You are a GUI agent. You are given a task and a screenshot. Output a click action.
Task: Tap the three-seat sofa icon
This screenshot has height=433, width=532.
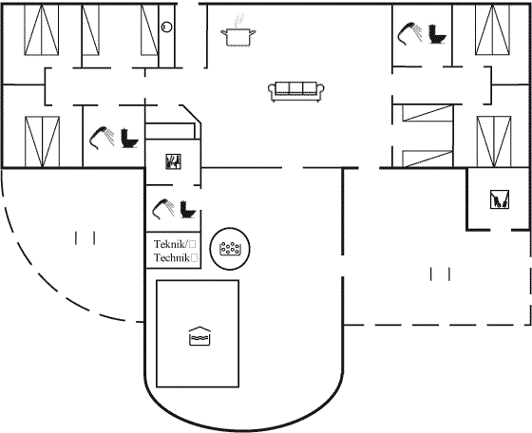296,91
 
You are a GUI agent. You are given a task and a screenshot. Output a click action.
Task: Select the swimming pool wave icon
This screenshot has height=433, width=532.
199,336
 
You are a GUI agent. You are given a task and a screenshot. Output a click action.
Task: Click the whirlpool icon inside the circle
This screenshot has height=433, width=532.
230,249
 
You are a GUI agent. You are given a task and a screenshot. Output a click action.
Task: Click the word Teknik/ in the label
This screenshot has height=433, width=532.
170,244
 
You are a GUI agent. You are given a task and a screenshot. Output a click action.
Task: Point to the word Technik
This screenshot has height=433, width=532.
172,257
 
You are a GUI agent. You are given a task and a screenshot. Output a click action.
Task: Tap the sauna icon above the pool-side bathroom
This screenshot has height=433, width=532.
173,161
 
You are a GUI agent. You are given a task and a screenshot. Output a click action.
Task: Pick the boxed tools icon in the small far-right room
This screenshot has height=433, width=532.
500,199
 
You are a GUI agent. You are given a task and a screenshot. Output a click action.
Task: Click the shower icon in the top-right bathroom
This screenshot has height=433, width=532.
409,33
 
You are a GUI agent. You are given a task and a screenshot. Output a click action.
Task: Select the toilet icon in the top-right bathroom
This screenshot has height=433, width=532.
437,34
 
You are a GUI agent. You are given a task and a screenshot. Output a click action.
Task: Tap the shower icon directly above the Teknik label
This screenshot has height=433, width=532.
163,209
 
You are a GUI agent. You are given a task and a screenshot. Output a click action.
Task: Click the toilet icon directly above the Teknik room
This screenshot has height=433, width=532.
188,210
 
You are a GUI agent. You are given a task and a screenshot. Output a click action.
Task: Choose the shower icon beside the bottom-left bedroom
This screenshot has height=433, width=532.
102,138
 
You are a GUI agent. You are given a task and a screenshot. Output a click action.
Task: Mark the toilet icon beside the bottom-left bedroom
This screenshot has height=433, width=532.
129,138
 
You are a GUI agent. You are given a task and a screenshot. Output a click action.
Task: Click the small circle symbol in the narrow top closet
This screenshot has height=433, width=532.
166,27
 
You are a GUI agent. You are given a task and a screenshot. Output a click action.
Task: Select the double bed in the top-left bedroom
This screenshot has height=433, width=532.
42,29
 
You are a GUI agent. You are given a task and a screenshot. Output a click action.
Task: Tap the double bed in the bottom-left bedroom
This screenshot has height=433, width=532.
42,141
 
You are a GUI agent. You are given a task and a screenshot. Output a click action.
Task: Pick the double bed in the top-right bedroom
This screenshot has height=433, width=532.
492,29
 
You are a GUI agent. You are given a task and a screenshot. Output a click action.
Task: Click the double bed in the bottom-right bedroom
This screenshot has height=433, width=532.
494,141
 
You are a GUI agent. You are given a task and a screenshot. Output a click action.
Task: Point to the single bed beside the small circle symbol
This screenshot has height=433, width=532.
150,29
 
